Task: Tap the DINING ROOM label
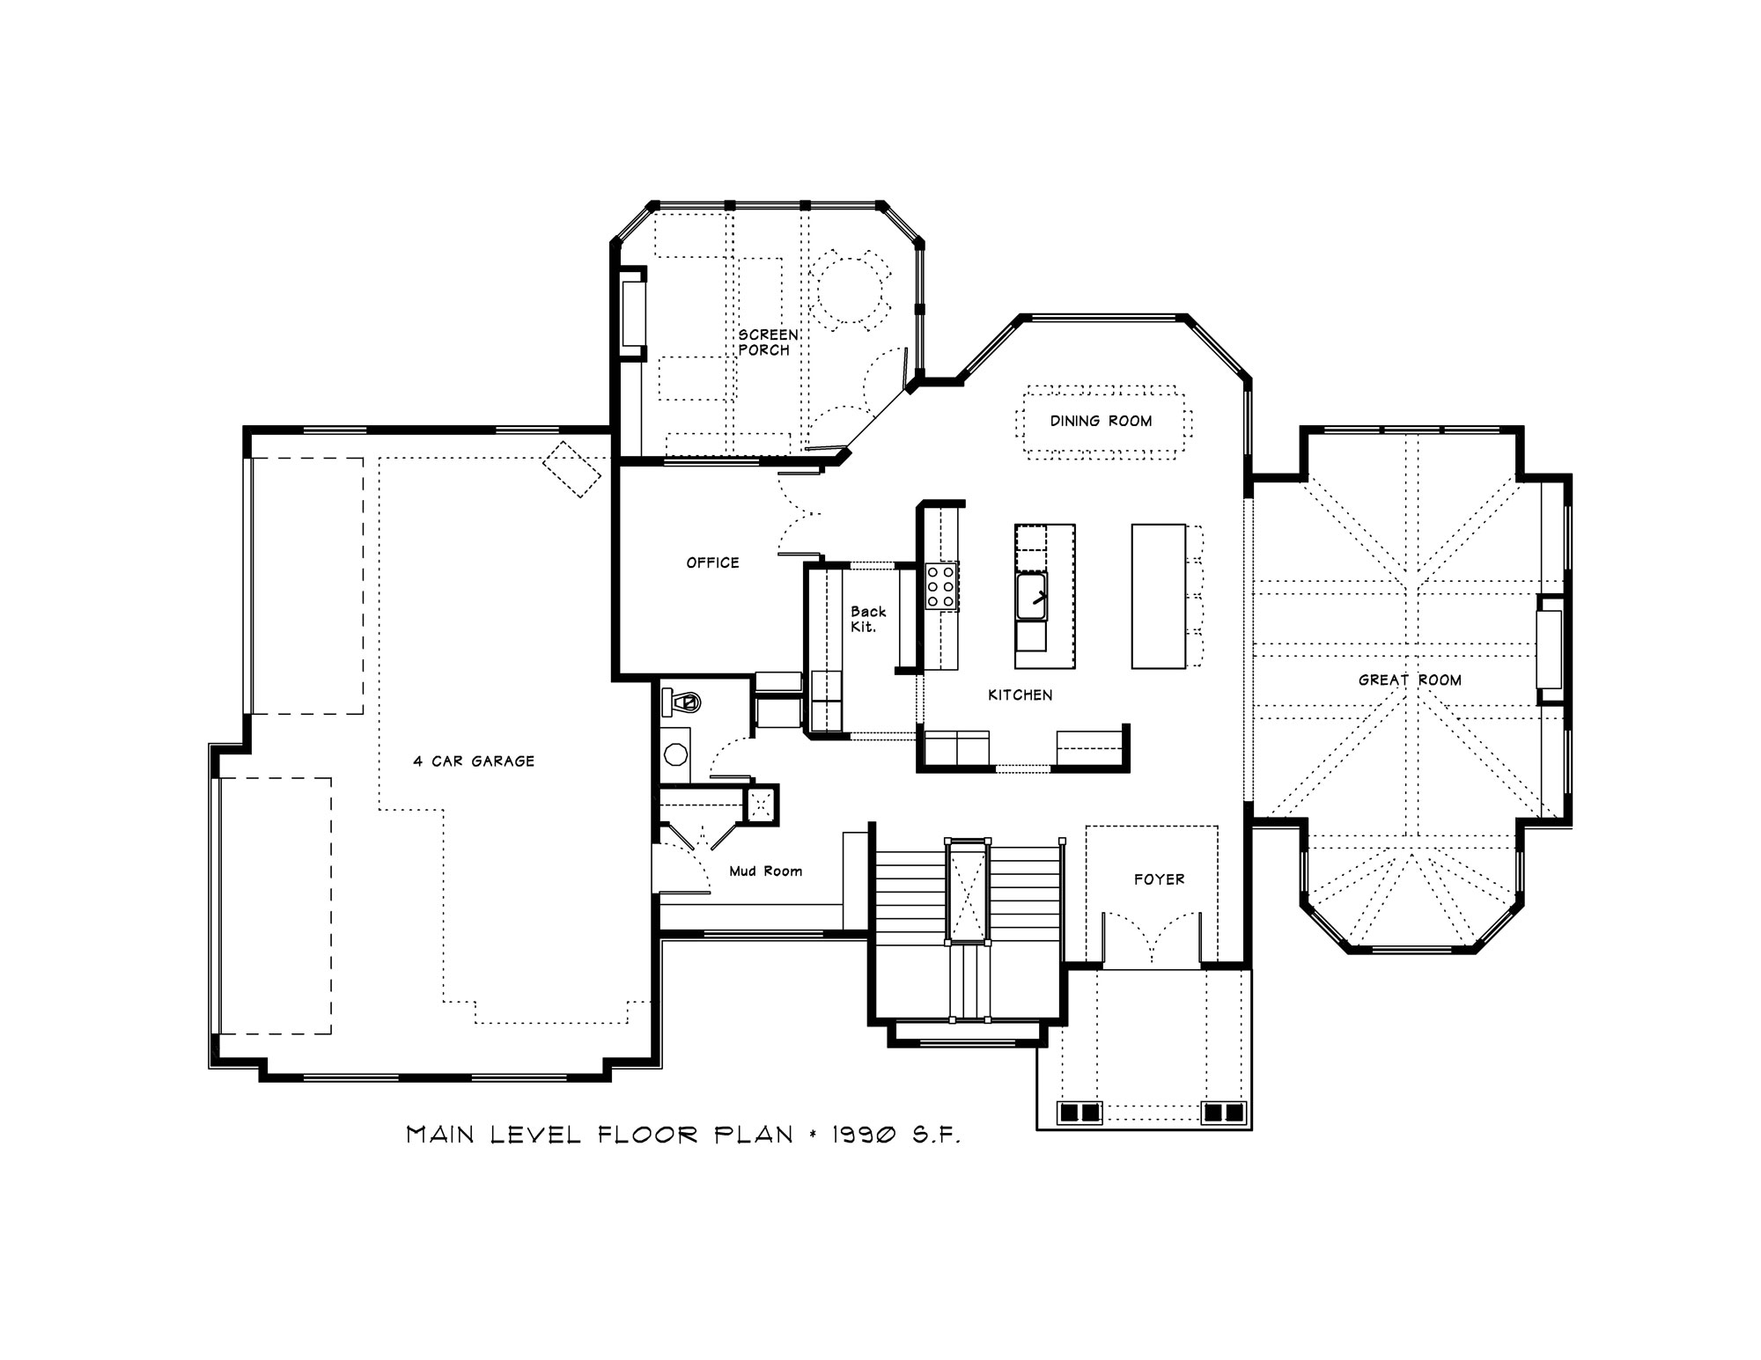[1101, 421]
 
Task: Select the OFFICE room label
[712, 562]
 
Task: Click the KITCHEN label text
[1020, 695]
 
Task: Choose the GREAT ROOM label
[1410, 680]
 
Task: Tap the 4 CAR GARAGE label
[474, 761]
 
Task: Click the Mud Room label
[765, 871]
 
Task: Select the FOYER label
[1159, 879]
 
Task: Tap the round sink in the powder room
[676, 754]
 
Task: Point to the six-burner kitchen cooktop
[940, 586]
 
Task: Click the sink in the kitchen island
[1032, 596]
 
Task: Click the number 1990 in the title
[866, 1135]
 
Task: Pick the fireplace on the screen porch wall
[632, 313]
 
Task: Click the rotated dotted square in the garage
[571, 469]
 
